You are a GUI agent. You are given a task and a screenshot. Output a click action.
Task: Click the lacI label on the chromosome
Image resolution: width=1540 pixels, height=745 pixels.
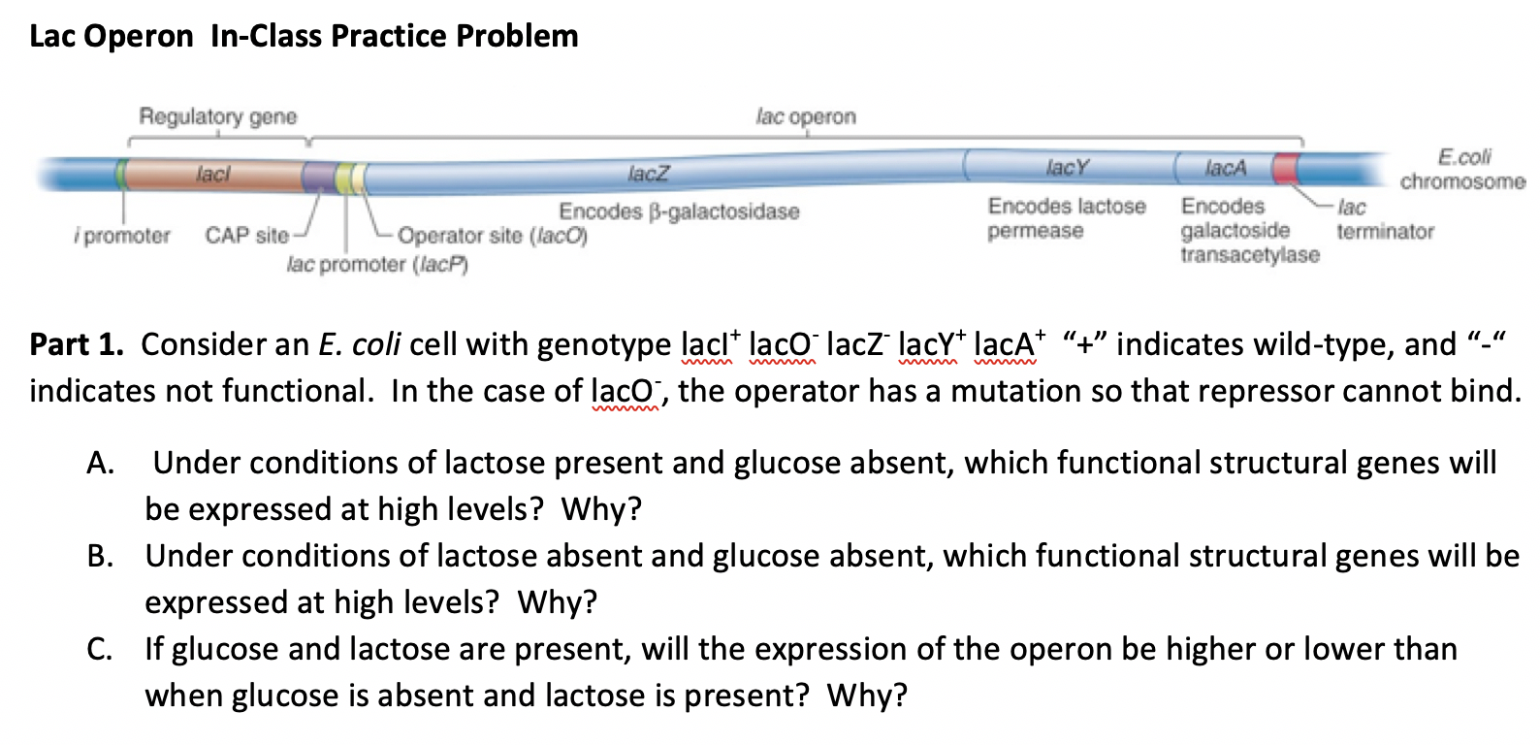click(212, 175)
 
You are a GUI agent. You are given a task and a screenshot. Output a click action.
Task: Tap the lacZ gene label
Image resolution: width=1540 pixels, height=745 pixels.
click(648, 174)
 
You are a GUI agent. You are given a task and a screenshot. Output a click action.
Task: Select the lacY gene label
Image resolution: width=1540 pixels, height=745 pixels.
click(1067, 168)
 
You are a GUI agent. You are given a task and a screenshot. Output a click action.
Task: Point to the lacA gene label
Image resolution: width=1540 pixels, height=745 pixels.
click(1225, 169)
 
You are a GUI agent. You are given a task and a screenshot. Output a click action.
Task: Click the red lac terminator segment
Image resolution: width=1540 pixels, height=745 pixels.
click(1286, 169)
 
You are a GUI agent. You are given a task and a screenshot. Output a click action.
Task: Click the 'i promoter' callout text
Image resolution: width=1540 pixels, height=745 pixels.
click(121, 236)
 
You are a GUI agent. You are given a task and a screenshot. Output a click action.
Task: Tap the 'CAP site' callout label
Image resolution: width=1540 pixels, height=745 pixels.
click(246, 236)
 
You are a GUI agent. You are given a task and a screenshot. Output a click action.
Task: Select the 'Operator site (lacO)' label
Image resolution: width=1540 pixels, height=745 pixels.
click(492, 236)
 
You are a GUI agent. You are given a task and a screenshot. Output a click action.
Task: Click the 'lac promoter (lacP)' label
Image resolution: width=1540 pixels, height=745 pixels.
click(377, 264)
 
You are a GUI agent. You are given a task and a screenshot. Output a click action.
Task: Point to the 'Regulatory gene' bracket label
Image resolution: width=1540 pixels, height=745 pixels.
click(217, 116)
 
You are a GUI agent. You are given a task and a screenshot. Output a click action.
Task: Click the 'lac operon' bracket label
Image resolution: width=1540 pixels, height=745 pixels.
click(805, 116)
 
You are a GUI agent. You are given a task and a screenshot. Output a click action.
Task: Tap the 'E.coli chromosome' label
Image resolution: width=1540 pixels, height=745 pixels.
click(1461, 169)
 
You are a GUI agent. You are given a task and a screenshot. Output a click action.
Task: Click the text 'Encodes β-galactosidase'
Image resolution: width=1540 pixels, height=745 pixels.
click(679, 211)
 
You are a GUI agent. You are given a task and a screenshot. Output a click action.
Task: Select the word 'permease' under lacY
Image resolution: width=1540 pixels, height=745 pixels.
click(1035, 231)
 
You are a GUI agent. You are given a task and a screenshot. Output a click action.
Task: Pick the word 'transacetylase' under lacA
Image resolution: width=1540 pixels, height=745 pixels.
click(1249, 255)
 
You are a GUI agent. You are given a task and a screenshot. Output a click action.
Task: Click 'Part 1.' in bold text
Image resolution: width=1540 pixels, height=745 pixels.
click(76, 344)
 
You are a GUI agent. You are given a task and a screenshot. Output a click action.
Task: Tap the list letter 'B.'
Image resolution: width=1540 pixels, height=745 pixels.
click(100, 557)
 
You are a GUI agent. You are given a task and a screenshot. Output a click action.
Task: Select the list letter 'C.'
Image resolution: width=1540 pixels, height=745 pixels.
click(100, 650)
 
